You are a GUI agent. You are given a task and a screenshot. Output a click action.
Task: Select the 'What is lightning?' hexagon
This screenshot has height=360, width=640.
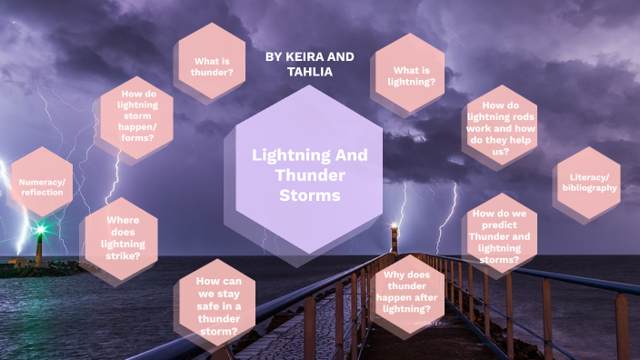(414, 75)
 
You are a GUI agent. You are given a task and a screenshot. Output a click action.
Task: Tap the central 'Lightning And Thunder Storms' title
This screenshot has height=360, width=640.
(310, 175)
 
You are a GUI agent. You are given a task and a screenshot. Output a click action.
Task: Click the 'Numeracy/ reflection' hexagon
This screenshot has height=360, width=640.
(42, 186)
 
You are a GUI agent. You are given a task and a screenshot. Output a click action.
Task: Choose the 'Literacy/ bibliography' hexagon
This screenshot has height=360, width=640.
(588, 182)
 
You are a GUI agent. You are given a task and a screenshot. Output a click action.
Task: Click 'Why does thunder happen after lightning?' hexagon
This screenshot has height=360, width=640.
(406, 291)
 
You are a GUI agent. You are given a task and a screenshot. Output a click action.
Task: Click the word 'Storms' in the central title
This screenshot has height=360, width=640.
(310, 195)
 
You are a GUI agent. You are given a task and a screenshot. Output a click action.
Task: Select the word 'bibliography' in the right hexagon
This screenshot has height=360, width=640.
(589, 188)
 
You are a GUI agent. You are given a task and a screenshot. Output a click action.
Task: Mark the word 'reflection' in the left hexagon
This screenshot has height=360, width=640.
(42, 193)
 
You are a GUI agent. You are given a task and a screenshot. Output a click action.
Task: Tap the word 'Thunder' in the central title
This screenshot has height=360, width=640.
(310, 175)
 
